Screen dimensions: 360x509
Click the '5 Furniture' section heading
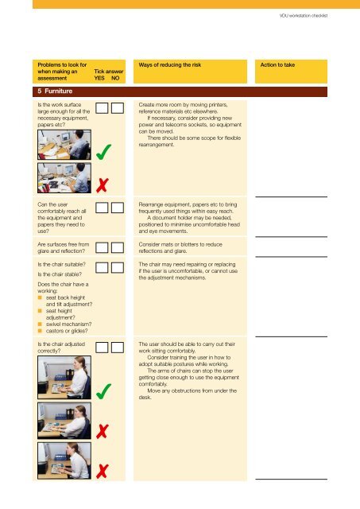[x=55, y=91]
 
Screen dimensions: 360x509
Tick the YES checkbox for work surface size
[x=102, y=108]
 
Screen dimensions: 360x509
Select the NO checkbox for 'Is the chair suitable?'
[x=118, y=268]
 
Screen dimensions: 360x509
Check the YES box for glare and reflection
[x=102, y=247]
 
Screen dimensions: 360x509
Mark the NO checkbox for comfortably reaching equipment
[x=118, y=208]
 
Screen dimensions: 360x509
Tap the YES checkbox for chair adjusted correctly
[x=102, y=348]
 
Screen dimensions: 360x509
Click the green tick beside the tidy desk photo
[x=103, y=153]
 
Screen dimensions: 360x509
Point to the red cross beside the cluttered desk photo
[x=103, y=185]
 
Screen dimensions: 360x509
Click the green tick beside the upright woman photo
[x=103, y=391]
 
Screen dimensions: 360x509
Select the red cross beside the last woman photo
[x=103, y=472]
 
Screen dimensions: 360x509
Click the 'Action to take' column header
[x=277, y=65]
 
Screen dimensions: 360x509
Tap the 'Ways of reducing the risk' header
[x=170, y=65]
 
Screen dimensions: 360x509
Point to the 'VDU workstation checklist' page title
[x=304, y=16]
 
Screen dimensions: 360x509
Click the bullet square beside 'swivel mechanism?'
[x=40, y=324]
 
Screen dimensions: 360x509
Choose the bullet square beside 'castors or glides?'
[x=40, y=331]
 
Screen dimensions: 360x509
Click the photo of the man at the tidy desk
[x=64, y=145]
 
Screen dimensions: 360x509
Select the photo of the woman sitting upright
[x=64, y=378]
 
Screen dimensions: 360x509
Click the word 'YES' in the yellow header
[x=99, y=78]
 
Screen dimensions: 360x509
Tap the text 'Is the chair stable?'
[x=60, y=274]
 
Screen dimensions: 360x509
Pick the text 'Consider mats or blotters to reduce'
[x=180, y=244]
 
